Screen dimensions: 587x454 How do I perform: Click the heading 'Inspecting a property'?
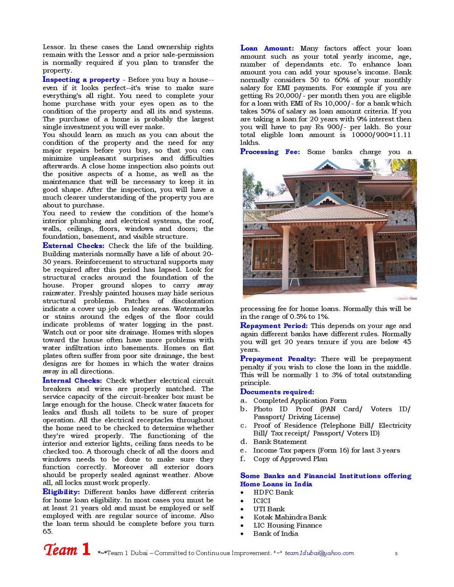tap(81, 80)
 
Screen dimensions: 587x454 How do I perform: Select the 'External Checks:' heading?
tap(73, 246)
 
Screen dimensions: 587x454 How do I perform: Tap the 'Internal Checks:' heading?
tap(72, 380)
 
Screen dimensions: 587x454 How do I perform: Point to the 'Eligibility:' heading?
tap(61, 492)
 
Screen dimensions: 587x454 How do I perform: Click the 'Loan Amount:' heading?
tap(267, 48)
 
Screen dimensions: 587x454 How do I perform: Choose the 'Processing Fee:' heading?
tap(270, 152)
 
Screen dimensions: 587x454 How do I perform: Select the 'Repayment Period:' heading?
tap(274, 326)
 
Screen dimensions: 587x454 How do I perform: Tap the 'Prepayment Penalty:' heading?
tap(278, 359)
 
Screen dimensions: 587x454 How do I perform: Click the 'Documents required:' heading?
tap(277, 392)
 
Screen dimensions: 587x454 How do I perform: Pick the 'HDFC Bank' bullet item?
tap(273, 492)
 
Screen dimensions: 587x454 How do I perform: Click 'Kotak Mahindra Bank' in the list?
tap(290, 517)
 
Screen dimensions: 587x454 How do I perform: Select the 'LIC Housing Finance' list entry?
tap(288, 525)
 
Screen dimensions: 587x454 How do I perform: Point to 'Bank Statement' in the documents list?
tap(280, 442)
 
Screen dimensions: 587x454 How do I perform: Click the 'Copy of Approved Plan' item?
tap(290, 459)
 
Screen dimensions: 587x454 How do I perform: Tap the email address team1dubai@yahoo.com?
tap(319, 553)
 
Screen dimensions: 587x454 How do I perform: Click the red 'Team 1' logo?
tap(67, 549)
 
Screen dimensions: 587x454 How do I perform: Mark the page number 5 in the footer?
tap(396, 553)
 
